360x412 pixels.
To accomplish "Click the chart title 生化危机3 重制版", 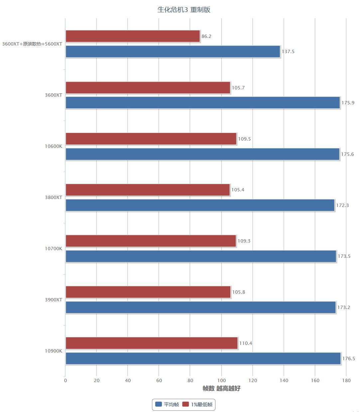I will coord(184,10).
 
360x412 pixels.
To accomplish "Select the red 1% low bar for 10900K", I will coord(152,343).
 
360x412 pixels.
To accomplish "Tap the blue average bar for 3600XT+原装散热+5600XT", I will coord(173,51).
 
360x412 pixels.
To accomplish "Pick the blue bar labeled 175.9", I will coord(203,103).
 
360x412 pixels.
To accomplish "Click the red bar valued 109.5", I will coord(151,139).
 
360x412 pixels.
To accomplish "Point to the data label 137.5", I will coord(288,52).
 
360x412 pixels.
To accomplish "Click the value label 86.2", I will coord(206,36).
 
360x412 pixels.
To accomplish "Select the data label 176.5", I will coord(348,359).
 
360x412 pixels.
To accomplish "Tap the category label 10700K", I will coord(54,249).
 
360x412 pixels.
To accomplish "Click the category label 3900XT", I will coord(54,300).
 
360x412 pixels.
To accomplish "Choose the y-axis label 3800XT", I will coord(54,197).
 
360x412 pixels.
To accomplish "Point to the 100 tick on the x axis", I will coord(221,381).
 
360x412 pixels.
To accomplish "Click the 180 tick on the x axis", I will coord(346,381).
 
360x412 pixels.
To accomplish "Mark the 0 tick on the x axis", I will coord(65,381).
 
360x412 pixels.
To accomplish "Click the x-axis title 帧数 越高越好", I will coord(221,388).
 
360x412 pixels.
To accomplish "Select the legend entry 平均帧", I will coord(167,404).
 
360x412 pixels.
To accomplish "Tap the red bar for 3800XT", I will coord(148,190).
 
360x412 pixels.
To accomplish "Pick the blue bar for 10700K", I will coord(201,256).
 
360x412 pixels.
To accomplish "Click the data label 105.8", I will coord(238,292).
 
